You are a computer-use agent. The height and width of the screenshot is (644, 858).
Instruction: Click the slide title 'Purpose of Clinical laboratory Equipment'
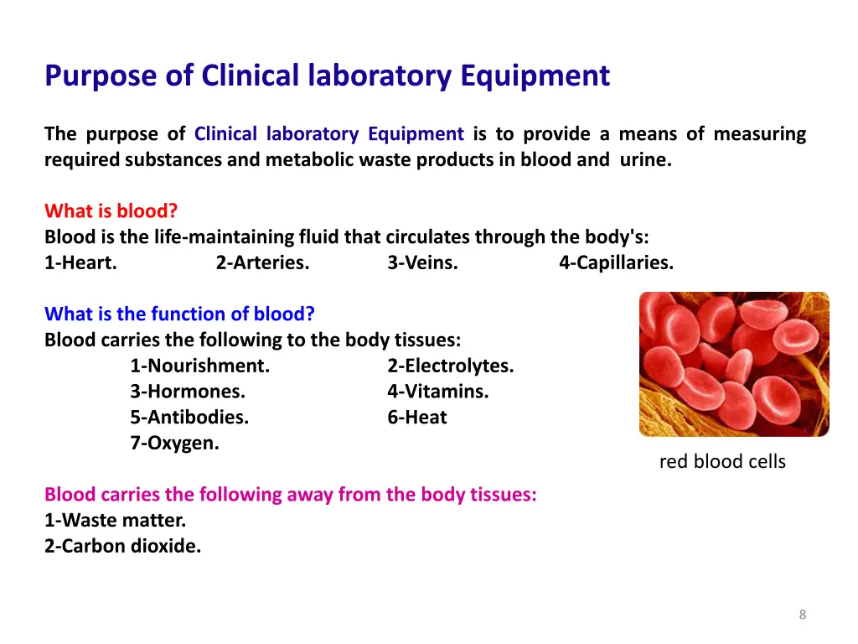click(x=327, y=76)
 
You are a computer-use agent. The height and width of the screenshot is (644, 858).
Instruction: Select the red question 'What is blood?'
click(x=111, y=210)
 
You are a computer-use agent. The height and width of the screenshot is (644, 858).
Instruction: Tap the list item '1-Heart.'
click(x=80, y=262)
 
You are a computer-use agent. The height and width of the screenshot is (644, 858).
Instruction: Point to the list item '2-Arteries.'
click(x=262, y=262)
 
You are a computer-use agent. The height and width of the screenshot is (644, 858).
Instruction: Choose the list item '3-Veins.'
click(x=422, y=262)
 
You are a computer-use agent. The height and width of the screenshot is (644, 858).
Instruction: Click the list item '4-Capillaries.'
click(x=616, y=262)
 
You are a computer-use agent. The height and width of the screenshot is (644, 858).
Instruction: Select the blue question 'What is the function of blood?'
click(x=179, y=314)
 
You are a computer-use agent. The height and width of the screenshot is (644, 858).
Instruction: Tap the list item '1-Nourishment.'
click(x=199, y=366)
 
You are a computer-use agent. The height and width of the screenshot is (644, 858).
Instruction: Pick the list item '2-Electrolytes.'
click(x=451, y=366)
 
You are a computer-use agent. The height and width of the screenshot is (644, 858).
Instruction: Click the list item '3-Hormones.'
click(x=188, y=392)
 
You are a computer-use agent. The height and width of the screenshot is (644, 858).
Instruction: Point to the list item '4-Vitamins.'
click(x=438, y=392)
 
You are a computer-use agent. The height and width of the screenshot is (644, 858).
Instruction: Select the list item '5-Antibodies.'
click(x=189, y=418)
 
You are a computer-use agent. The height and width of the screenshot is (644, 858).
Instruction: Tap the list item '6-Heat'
click(x=417, y=418)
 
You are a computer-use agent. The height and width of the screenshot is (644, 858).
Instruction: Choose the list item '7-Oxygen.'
click(x=174, y=444)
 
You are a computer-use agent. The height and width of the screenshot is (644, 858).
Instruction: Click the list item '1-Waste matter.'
click(x=116, y=520)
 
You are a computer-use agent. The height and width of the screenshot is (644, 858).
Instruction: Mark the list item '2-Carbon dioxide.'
click(x=123, y=546)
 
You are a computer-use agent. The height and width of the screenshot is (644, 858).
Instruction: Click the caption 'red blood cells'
click(x=722, y=462)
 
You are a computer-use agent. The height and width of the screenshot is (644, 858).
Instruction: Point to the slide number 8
click(x=803, y=615)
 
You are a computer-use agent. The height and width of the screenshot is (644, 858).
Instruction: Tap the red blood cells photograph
click(x=734, y=364)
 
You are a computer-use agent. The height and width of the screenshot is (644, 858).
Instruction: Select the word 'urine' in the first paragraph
click(x=645, y=159)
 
